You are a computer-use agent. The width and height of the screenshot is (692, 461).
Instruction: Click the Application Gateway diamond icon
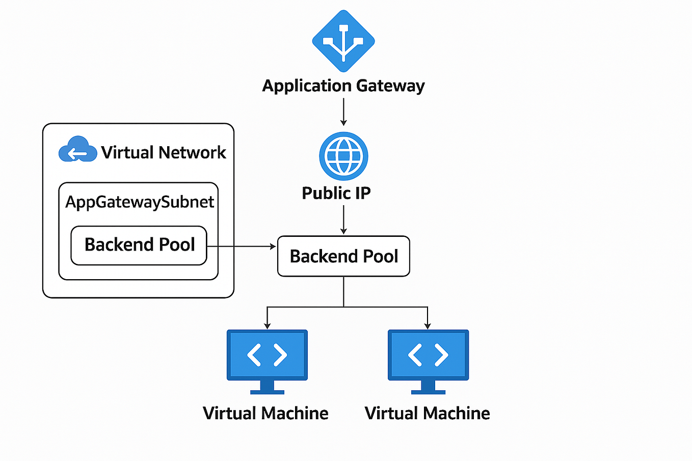coord(343,41)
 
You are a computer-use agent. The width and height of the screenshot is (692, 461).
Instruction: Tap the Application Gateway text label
coord(343,86)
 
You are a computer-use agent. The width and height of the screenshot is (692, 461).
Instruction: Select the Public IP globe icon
coord(343,156)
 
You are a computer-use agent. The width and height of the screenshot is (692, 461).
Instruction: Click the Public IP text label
coord(336,193)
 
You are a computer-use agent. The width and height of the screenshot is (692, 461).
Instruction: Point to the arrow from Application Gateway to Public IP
coord(343,111)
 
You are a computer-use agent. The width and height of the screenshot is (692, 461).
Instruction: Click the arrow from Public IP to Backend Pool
coord(343,220)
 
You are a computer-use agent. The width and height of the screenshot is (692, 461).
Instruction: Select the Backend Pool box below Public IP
coord(343,256)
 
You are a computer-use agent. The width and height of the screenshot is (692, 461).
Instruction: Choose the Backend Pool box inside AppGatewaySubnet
coord(139,245)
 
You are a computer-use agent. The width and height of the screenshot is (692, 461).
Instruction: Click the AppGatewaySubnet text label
coord(140,202)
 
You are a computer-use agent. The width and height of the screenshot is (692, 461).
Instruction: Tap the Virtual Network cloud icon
coord(77,149)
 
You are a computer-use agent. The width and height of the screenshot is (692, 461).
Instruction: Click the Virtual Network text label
coord(164,152)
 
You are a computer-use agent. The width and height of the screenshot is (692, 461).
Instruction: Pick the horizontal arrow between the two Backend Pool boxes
coord(242,247)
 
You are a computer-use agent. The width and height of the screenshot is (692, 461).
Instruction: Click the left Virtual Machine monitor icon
coord(267,355)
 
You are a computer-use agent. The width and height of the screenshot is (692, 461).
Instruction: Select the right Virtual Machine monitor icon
coord(428,355)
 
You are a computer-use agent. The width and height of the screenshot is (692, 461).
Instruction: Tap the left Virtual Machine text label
coord(265,413)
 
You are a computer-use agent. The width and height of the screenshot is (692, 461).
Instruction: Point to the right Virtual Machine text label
coord(427,413)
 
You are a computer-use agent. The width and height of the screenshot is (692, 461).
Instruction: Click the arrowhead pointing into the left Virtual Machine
coord(267,326)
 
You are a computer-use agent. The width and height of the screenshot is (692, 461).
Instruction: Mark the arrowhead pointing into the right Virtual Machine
coord(428,326)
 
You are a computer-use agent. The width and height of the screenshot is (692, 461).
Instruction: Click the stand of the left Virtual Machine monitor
coord(267,388)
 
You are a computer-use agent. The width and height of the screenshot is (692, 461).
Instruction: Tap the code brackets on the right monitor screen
coord(428,355)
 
